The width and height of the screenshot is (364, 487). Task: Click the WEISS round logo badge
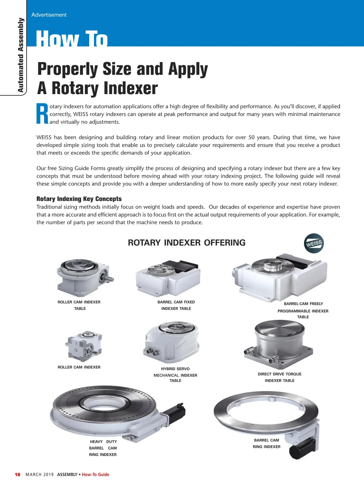(x=314, y=243)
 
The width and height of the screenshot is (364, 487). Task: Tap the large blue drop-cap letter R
(x=42, y=114)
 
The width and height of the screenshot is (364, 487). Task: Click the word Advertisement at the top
(x=49, y=15)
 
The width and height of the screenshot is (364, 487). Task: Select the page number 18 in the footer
(x=18, y=475)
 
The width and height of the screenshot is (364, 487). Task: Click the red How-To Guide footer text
(x=96, y=475)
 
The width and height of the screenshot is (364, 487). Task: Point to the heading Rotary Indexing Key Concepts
(x=79, y=199)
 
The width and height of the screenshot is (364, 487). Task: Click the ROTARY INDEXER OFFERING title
(x=187, y=243)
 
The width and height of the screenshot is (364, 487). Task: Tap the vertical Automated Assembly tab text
(x=21, y=55)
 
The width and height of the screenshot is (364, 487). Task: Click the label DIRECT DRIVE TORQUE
(x=279, y=374)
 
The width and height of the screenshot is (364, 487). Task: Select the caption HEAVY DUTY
(x=103, y=441)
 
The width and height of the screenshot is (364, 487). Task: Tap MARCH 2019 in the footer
(x=40, y=475)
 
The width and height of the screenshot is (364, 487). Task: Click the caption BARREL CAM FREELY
(x=303, y=304)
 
